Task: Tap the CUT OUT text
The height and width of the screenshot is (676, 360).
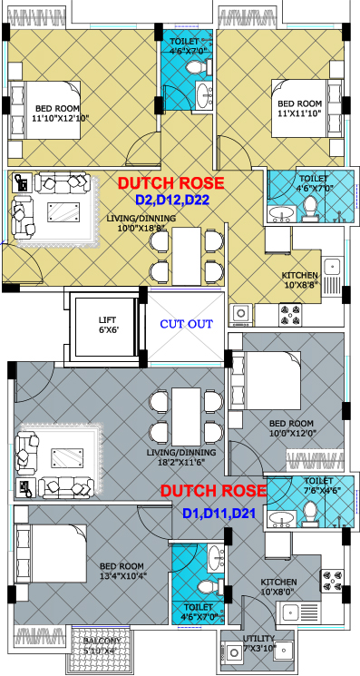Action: tap(187, 324)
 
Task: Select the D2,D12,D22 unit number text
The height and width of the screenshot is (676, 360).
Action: tap(171, 200)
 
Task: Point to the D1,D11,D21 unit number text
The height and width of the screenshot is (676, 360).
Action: tap(219, 514)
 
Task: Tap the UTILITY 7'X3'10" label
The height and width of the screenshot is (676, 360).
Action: tap(258, 642)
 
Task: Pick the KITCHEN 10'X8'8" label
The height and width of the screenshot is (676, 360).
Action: tap(300, 279)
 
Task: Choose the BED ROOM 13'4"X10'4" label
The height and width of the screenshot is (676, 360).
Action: tap(122, 571)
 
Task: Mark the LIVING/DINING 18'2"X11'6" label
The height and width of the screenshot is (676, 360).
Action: tap(180, 457)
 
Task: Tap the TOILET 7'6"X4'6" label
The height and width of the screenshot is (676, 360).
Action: tap(318, 485)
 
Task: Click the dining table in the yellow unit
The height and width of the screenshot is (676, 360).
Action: tap(187, 256)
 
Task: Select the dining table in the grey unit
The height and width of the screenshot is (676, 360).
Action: tap(187, 416)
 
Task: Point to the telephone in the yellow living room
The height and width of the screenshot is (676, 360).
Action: tap(21, 182)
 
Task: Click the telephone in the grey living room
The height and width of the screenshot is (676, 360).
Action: tap(25, 487)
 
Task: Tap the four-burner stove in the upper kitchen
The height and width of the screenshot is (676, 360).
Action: tap(290, 315)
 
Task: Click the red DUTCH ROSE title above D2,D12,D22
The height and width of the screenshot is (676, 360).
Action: tap(171, 182)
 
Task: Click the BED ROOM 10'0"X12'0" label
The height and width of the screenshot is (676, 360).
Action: tap(291, 427)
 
